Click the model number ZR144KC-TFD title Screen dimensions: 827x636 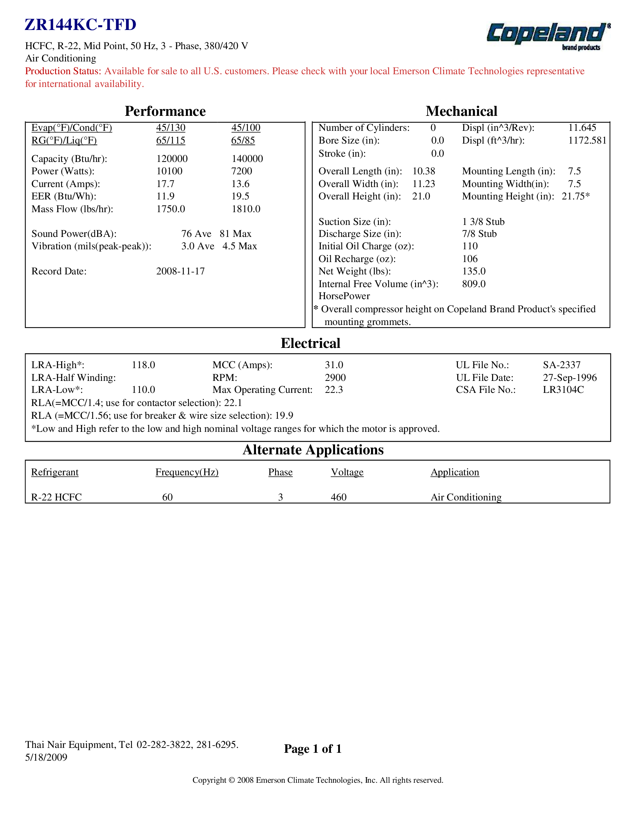point(80,25)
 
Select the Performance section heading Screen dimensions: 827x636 point(165,111)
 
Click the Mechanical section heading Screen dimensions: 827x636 point(461,111)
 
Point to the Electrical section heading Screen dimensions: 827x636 point(310,343)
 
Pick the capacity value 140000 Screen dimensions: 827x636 point(247,159)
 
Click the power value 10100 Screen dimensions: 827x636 point(169,171)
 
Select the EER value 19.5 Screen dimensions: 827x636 point(240,196)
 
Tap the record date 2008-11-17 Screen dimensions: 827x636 point(180,271)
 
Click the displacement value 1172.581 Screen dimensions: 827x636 point(587,141)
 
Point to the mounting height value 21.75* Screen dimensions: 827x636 point(575,196)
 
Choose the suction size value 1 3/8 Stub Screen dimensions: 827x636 point(483,222)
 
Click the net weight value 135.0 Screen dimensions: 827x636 point(474,271)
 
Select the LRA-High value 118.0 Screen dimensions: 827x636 point(143,365)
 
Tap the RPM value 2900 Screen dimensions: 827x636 point(335,378)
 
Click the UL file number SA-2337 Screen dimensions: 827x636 point(561,365)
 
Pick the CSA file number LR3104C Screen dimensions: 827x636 point(563,390)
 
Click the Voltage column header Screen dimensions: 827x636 point(347,472)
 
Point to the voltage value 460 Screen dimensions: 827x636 point(338,497)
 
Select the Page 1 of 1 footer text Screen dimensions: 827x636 point(313,749)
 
